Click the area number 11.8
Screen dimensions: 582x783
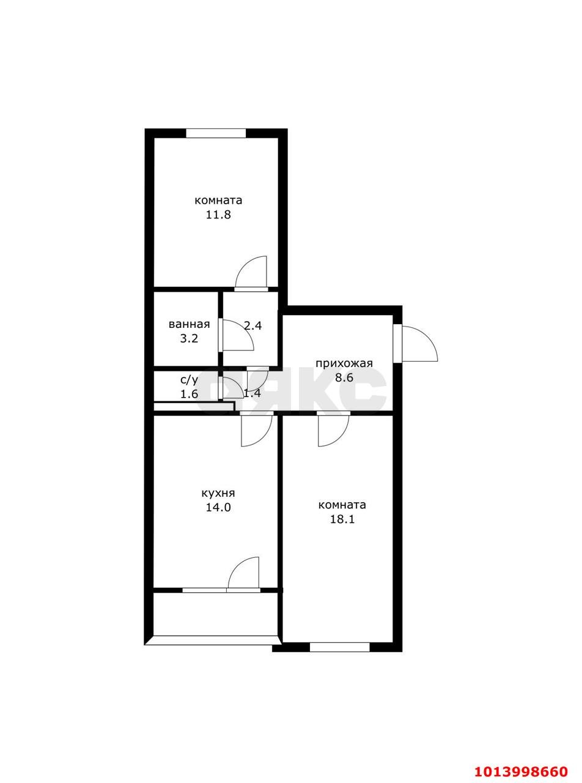[x=218, y=215]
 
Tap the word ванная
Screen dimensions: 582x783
[x=189, y=324]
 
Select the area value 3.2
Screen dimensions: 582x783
[x=189, y=338]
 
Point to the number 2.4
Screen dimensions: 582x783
[x=253, y=325]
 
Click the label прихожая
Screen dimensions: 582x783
[x=344, y=363]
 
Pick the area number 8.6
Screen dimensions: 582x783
[x=344, y=377]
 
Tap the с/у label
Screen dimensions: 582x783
[x=190, y=380]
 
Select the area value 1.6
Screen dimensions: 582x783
[x=189, y=395]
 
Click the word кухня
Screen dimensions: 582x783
[x=218, y=494]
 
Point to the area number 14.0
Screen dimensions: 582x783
[x=218, y=507]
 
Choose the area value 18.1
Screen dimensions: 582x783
[x=342, y=519]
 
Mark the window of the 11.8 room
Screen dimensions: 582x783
[x=216, y=133]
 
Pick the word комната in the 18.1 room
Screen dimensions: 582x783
[x=342, y=505]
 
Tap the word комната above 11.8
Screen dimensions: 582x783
[x=218, y=201]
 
